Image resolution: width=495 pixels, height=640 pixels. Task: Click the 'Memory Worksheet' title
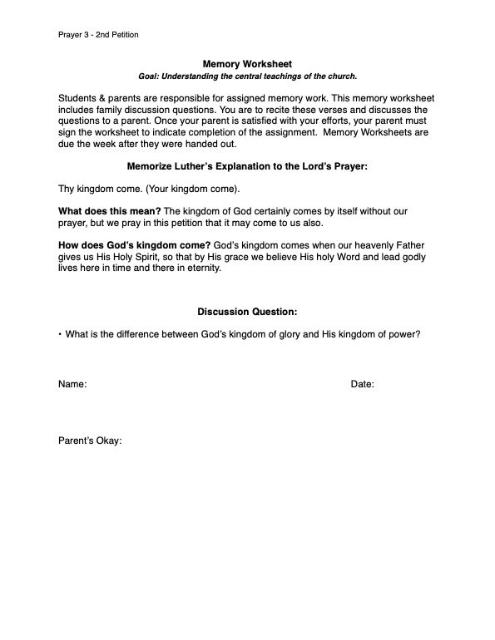pos(247,63)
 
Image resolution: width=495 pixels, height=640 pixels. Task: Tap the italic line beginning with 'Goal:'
pos(247,76)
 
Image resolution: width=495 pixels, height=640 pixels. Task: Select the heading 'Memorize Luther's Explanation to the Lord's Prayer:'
pos(247,165)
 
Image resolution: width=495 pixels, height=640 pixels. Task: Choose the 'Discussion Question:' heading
pos(247,312)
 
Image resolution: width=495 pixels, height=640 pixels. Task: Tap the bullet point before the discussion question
pos(60,335)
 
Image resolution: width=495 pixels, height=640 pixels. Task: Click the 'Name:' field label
pos(72,384)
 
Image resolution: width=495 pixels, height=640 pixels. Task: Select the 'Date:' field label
pos(362,384)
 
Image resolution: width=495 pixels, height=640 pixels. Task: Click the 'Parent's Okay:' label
pos(90,441)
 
